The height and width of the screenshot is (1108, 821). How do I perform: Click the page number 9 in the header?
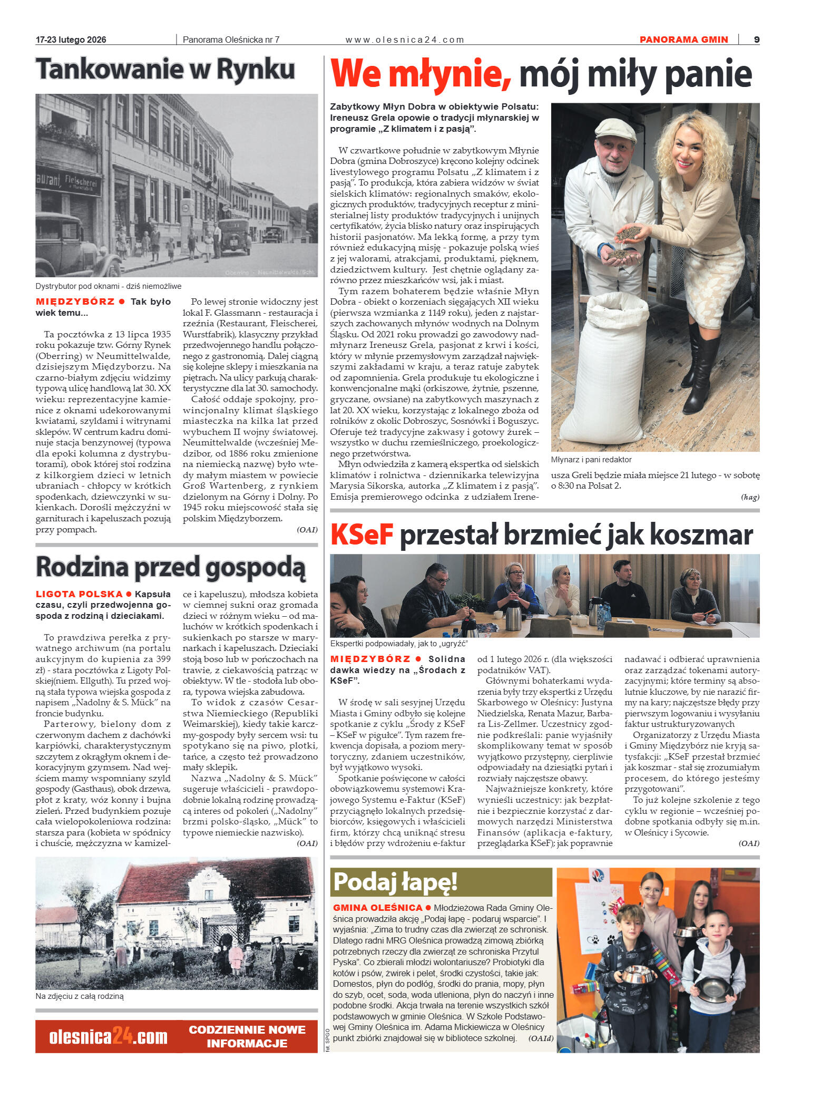click(757, 40)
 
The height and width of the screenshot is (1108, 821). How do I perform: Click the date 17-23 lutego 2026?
click(71, 40)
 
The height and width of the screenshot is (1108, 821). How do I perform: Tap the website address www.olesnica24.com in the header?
click(405, 40)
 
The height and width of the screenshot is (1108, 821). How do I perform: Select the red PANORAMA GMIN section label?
click(683, 40)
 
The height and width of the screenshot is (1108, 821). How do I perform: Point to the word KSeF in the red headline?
click(362, 534)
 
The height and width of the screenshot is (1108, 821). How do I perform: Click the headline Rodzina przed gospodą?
click(170, 567)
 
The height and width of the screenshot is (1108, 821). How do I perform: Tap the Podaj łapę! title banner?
click(395, 881)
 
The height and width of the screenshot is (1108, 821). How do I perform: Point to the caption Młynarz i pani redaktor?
click(591, 460)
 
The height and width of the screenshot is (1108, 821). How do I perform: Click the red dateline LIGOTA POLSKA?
click(79, 594)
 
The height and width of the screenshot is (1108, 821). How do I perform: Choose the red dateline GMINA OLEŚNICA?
click(378, 908)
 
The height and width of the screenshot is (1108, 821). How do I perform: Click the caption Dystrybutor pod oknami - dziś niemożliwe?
click(109, 286)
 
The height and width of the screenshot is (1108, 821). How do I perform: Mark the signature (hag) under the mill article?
click(750, 497)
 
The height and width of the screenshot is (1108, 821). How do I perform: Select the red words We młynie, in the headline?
click(420, 74)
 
